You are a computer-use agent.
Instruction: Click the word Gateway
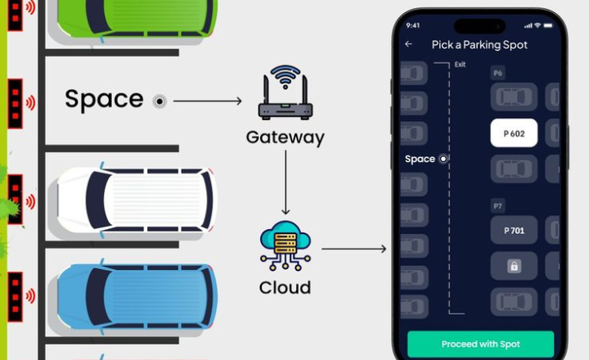click(285, 137)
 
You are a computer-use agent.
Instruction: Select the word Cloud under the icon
click(285, 287)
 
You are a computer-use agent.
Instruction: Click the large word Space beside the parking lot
click(104, 100)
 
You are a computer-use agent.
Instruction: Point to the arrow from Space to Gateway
click(209, 101)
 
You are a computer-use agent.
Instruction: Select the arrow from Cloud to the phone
click(353, 248)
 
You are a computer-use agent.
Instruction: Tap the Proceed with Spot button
click(480, 344)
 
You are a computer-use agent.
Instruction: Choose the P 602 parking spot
click(514, 133)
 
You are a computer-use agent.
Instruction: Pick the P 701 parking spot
click(514, 231)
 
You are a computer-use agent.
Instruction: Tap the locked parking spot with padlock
click(514, 266)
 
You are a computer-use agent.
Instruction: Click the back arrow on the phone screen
click(409, 44)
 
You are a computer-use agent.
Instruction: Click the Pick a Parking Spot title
click(479, 45)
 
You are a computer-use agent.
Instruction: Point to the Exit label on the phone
click(460, 64)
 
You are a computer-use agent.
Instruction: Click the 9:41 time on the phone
click(412, 25)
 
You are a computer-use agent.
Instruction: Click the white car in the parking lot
click(135, 200)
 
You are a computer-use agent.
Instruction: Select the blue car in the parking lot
click(135, 295)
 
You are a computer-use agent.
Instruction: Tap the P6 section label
click(497, 74)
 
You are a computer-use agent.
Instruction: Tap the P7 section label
click(497, 205)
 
